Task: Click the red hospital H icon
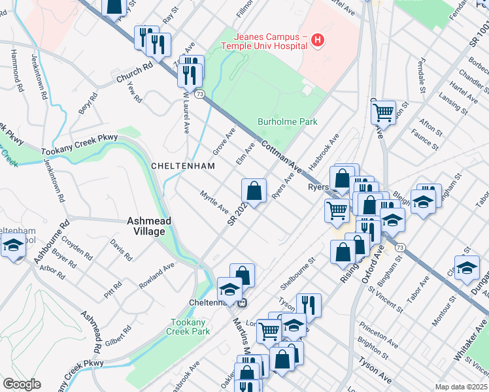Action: [318, 41]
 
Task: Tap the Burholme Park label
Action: [287, 122]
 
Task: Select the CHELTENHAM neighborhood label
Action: [183, 166]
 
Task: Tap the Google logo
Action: [22, 384]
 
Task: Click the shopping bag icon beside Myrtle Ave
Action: [254, 191]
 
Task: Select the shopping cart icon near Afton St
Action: [383, 112]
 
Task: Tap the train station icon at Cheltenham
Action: [241, 302]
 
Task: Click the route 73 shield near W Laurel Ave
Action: [199, 94]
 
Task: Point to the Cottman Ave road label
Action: [280, 157]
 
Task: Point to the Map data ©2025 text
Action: [462, 387]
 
